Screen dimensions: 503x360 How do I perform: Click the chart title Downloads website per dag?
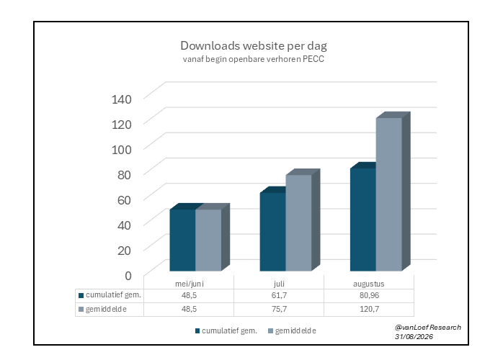point(254,46)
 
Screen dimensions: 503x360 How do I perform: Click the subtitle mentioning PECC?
point(254,59)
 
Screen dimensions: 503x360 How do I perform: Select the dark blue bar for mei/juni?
point(182,240)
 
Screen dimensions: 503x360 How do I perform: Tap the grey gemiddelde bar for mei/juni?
point(208,240)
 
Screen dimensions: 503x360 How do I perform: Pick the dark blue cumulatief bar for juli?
point(272,232)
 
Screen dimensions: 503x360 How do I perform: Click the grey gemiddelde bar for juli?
point(298,222)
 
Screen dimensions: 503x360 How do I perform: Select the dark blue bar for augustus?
point(363,220)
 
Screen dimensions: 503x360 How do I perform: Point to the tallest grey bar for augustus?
point(389,194)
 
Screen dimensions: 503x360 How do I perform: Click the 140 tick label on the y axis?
point(122,99)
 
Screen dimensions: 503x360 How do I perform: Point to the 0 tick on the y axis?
point(128,276)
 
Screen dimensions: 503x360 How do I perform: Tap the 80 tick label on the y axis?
point(124,175)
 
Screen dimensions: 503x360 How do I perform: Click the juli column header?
point(279,284)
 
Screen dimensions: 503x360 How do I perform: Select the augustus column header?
point(368,284)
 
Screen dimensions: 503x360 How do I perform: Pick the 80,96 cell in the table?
point(369,295)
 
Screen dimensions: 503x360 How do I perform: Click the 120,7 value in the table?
point(369,309)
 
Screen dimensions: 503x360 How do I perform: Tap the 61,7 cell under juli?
point(279,295)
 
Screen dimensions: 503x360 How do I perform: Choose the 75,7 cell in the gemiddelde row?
point(279,309)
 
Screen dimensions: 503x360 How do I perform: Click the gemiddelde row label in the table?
point(106,310)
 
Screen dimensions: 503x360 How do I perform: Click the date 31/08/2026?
point(414,336)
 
